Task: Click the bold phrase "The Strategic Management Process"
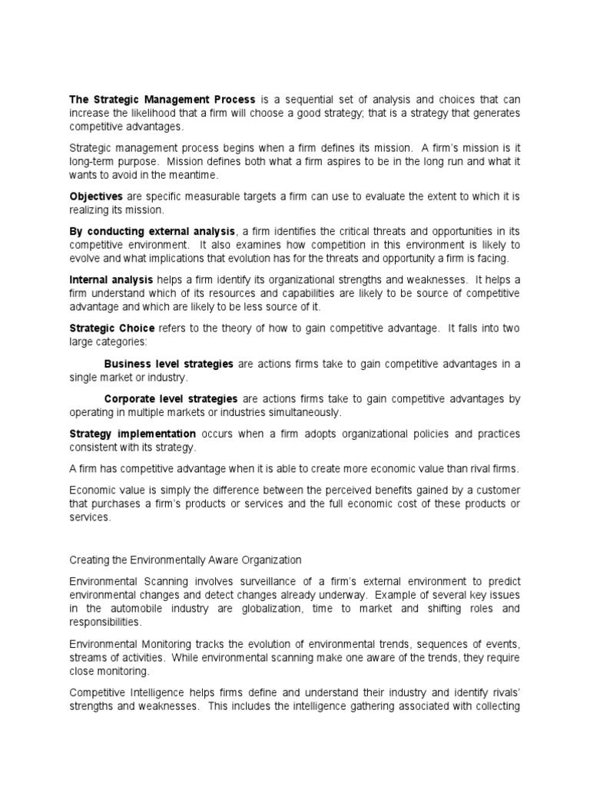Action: click(162, 99)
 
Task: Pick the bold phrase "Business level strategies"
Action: click(168, 364)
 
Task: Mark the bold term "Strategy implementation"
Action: click(132, 434)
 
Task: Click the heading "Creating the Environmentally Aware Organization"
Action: click(185, 560)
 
